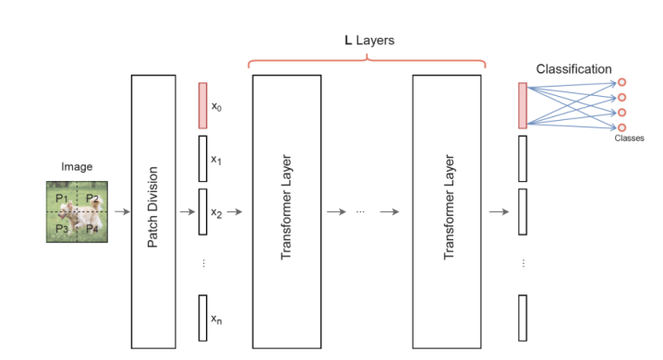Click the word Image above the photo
(78, 167)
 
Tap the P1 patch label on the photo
(62, 198)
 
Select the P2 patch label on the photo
(92, 198)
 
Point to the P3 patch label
(62, 228)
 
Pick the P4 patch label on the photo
(92, 228)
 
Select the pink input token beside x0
(203, 105)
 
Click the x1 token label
(217, 159)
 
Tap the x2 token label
(217, 212)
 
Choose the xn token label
(217, 319)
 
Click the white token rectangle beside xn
(203, 318)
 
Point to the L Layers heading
(366, 42)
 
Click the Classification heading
(573, 68)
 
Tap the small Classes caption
(629, 138)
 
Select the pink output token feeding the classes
(523, 105)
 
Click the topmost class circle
(621, 82)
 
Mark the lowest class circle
(621, 127)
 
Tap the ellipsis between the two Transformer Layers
(360, 212)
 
